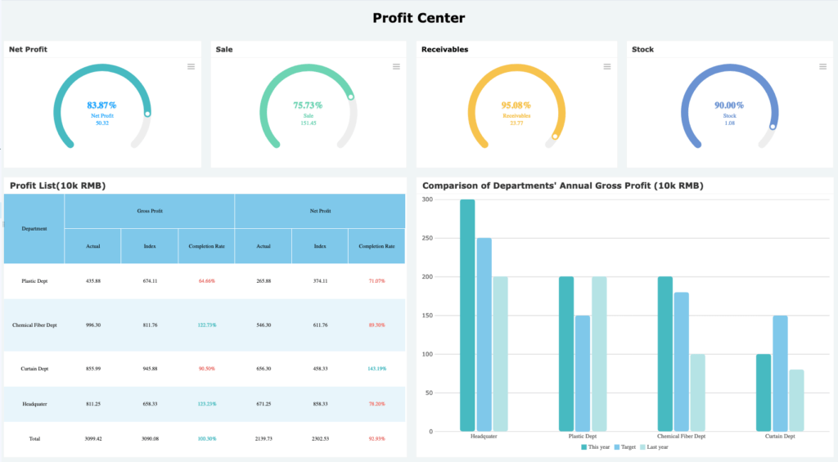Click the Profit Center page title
pyautogui.click(x=418, y=18)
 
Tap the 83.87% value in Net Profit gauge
pyautogui.click(x=101, y=105)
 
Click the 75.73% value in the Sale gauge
pyautogui.click(x=308, y=105)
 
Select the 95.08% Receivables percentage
pyautogui.click(x=516, y=105)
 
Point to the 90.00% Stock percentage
pyautogui.click(x=728, y=105)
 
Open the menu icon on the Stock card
pyautogui.click(x=817, y=66)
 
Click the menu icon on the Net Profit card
pyautogui.click(x=191, y=66)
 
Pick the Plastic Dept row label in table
pyautogui.click(x=34, y=281)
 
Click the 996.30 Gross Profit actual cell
pyautogui.click(x=93, y=325)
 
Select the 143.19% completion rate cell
pyautogui.click(x=376, y=369)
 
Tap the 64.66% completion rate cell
pyautogui.click(x=206, y=281)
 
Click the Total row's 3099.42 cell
pyautogui.click(x=93, y=439)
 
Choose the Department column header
pyautogui.click(x=34, y=229)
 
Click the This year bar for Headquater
pyautogui.click(x=467, y=316)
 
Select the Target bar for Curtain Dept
pyautogui.click(x=780, y=373)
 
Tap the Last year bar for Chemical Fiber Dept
pyautogui.click(x=697, y=392)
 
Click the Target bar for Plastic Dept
pyautogui.click(x=583, y=373)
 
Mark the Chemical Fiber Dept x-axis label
pyautogui.click(x=681, y=437)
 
